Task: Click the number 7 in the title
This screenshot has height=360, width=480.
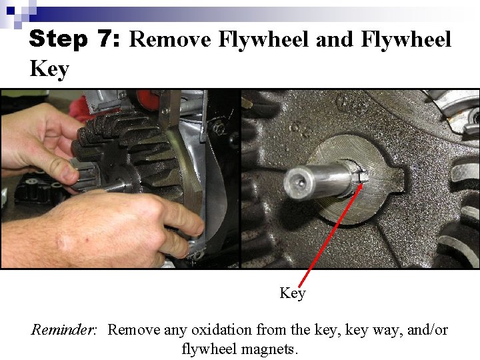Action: pos(105,39)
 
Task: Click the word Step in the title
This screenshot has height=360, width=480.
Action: pos(59,39)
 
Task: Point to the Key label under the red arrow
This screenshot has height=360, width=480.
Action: pos(292,293)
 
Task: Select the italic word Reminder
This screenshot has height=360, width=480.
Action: pos(65,330)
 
